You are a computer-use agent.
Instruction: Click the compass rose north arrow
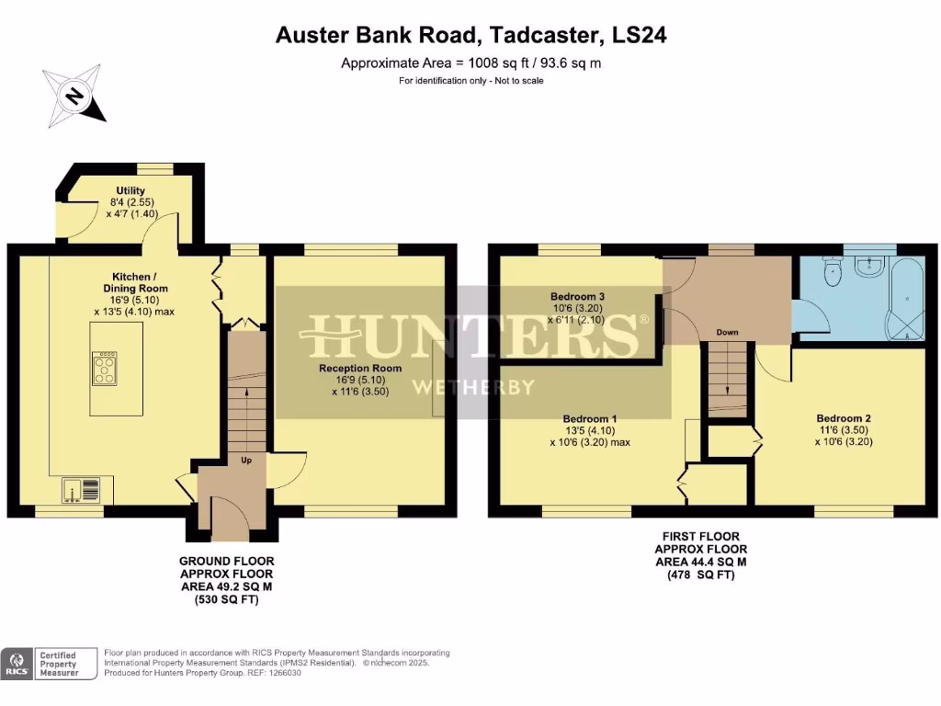(74, 96)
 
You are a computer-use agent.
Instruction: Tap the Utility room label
(130, 191)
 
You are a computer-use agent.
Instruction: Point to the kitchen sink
(73, 490)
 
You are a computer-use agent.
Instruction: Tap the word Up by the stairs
(246, 460)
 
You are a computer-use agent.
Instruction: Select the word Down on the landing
(727, 332)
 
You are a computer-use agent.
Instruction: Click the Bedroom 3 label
(577, 297)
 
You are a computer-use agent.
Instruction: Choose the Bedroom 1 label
(589, 419)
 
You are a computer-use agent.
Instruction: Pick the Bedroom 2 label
(843, 418)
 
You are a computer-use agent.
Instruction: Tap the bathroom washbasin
(868, 267)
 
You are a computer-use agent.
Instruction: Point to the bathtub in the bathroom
(905, 298)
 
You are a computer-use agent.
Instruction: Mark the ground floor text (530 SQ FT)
(226, 601)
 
